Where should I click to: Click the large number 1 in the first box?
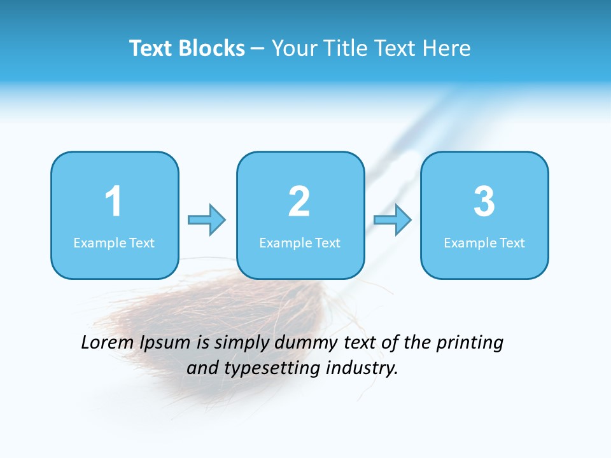[x=113, y=202]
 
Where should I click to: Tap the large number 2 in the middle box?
[x=299, y=202]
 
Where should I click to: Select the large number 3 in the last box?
[x=484, y=202]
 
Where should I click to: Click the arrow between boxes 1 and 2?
[x=207, y=220]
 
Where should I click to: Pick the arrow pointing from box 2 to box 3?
[x=393, y=220]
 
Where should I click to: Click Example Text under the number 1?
[x=114, y=243]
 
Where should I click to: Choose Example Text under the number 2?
[x=300, y=243]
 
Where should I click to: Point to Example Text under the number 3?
[x=484, y=243]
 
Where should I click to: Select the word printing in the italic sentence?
[x=470, y=343]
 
